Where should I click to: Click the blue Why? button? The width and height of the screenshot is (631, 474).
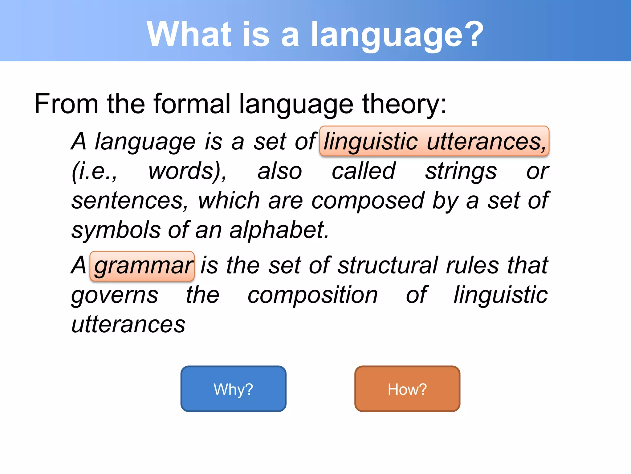point(233,389)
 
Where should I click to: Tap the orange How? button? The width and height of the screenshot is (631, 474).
point(407,389)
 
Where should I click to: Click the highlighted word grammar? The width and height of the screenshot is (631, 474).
point(142,266)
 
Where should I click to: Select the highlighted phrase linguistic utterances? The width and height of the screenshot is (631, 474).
point(434,141)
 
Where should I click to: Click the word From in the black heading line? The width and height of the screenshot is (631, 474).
point(66,104)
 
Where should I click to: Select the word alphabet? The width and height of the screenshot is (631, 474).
point(279,230)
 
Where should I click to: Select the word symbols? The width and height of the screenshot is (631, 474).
point(116,230)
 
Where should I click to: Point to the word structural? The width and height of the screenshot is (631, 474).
point(388,265)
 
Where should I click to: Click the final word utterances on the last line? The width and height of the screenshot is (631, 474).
point(128,324)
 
